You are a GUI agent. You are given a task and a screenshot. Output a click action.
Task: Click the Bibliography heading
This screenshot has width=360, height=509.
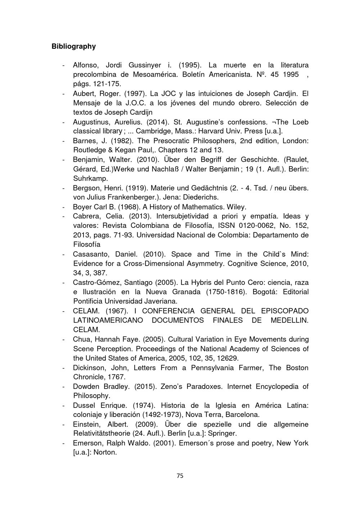click(x=73, y=46)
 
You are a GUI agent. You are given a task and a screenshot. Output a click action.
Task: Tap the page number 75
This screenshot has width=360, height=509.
click(x=180, y=476)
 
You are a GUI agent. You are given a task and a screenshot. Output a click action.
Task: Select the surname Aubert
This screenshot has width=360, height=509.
click(x=84, y=94)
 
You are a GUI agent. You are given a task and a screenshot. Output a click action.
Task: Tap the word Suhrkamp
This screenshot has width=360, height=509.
click(x=90, y=178)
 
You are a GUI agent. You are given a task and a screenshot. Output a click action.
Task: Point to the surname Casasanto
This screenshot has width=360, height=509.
click(x=91, y=254)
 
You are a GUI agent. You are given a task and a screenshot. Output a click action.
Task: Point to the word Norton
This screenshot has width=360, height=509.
click(x=105, y=452)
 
